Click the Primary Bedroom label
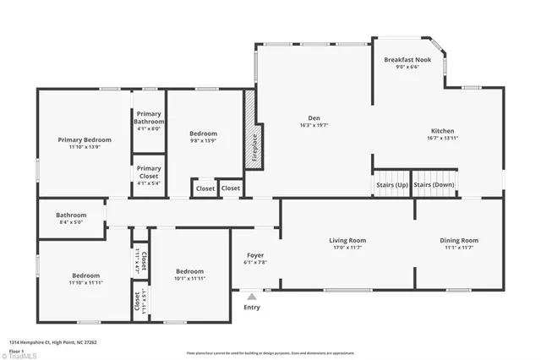click(85, 139)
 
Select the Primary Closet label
click(149, 172)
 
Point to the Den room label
click(314, 118)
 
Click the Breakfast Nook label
click(408, 60)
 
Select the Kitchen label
click(443, 131)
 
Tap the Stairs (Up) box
click(391, 184)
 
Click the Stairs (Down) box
click(434, 184)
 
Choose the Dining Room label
click(459, 241)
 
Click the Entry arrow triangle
click(251, 297)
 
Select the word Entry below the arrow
click(252, 308)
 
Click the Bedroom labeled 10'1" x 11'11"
click(189, 275)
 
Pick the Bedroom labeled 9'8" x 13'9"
click(203, 134)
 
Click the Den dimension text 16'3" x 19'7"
click(314, 125)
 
